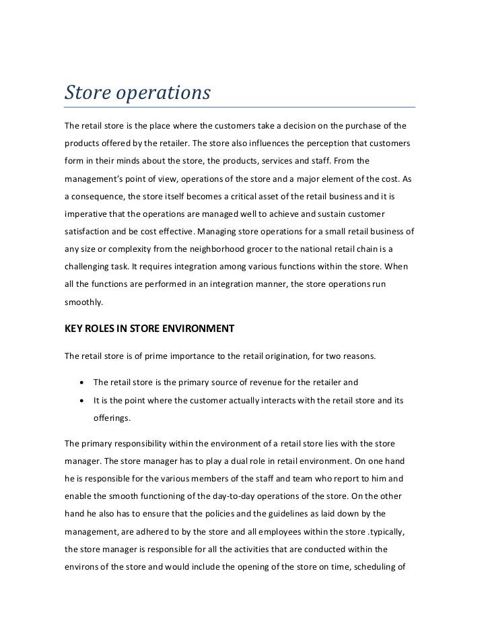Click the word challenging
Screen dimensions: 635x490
[x=90, y=267]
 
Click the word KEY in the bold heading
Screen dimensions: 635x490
[x=73, y=329]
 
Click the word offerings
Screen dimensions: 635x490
[x=112, y=417]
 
